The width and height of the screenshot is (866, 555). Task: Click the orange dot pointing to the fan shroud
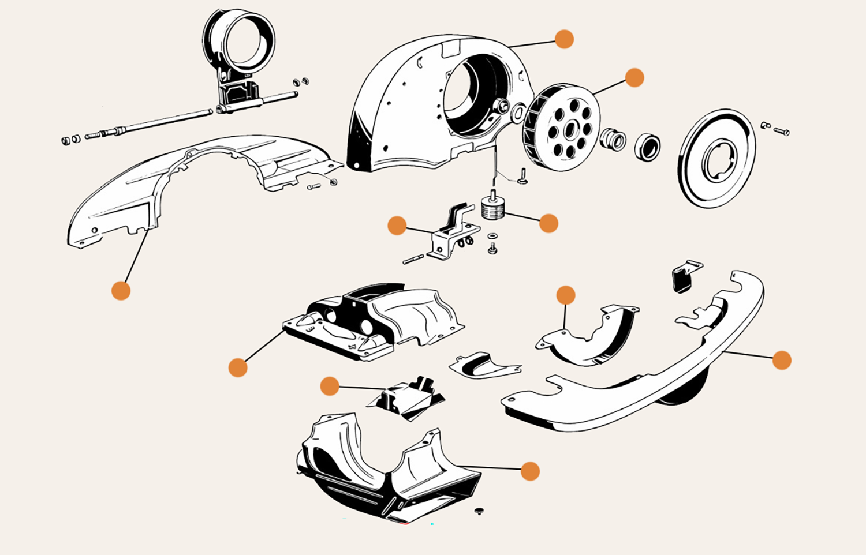tap(564, 39)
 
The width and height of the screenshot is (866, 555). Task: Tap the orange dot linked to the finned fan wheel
tap(634, 77)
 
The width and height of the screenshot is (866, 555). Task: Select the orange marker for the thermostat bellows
tap(548, 223)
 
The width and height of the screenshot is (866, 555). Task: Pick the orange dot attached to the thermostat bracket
tap(397, 226)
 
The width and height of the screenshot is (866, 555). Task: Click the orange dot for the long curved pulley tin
tap(782, 360)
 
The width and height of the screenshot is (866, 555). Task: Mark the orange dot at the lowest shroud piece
tap(530, 471)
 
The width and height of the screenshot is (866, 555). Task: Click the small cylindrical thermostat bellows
tap(492, 207)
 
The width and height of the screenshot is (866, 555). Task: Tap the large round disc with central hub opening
tap(716, 158)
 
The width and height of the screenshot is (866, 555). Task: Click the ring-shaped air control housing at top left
tap(238, 43)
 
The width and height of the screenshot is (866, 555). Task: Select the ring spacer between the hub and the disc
tap(647, 146)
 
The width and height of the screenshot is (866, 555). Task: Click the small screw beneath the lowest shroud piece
tap(479, 511)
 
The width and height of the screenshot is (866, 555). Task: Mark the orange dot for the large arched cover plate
tap(121, 291)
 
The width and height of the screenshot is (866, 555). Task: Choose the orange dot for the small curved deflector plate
tap(566, 295)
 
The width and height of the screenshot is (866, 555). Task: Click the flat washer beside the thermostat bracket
tap(492, 236)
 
